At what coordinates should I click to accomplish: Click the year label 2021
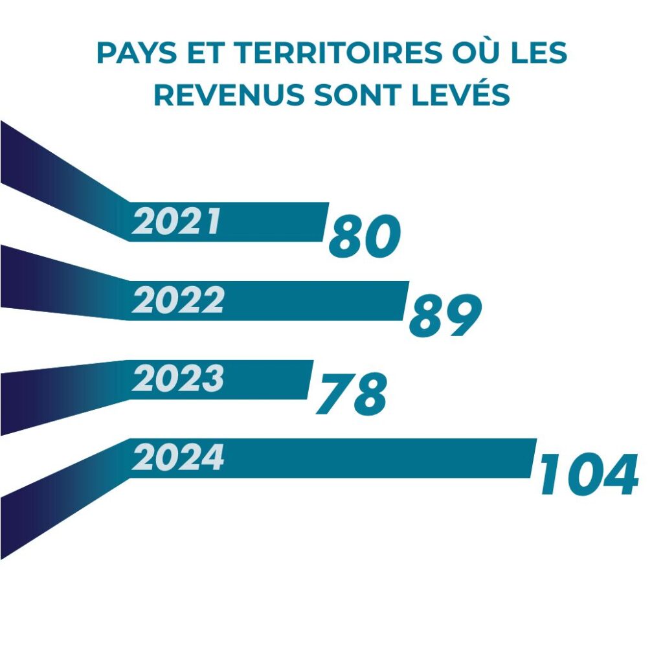point(175,222)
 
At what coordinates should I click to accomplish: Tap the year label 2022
point(178,300)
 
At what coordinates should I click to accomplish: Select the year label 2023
point(178,379)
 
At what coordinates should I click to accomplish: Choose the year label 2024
point(178,458)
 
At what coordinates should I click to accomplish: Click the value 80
point(365,238)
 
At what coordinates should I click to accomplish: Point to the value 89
point(445,316)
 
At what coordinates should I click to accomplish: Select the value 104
point(589,475)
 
